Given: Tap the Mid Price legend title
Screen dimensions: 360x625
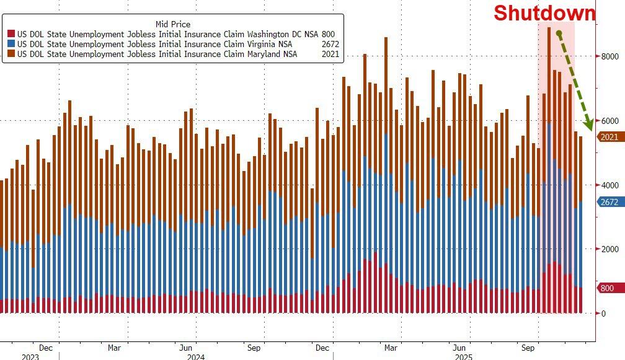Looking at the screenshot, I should point(173,25).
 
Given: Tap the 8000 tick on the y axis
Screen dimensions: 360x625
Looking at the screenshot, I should point(609,56).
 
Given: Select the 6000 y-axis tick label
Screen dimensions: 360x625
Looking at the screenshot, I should point(609,121).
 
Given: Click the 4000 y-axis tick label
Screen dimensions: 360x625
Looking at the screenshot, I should point(609,185).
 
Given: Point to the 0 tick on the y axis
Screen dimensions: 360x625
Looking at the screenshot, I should point(604,314).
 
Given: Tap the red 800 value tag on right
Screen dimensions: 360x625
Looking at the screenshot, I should point(607,288).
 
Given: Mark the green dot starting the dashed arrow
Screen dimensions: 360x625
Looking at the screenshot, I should point(559,33).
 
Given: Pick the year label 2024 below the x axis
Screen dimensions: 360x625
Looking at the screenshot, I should point(196,357).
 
